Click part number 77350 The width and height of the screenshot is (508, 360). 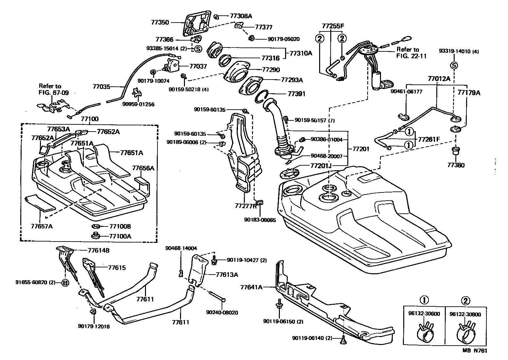[x=160, y=22]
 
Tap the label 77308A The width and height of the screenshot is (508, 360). [x=241, y=16]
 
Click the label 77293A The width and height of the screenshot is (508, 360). [x=292, y=80]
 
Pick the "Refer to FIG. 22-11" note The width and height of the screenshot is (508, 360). [x=411, y=53]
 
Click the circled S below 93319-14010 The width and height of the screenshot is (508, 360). [x=454, y=66]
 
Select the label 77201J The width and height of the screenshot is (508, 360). [x=321, y=166]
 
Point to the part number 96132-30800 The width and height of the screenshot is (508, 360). [x=465, y=315]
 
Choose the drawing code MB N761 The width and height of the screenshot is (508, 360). [x=475, y=350]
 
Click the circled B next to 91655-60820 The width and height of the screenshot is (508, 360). [x=65, y=283]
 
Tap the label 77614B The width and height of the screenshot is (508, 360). [x=99, y=250]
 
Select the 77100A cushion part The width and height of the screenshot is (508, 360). [x=96, y=236]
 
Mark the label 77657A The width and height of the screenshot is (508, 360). [x=42, y=226]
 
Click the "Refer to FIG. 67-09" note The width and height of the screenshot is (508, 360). [x=54, y=89]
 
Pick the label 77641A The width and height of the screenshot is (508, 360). [x=251, y=287]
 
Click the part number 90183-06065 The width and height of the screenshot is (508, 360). [x=260, y=220]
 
